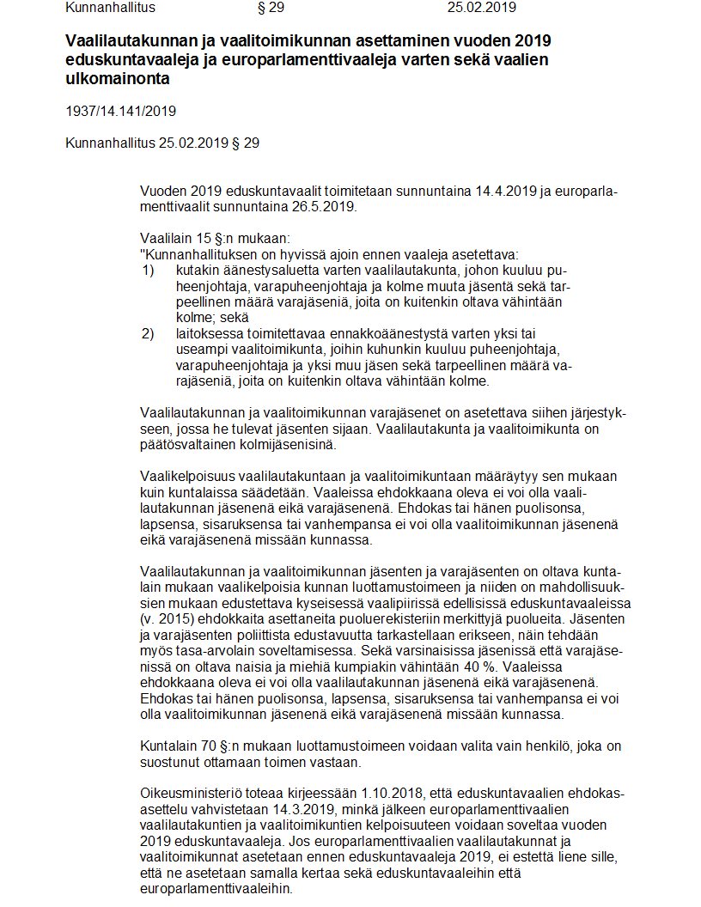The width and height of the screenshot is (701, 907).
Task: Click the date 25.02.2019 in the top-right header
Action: (x=481, y=8)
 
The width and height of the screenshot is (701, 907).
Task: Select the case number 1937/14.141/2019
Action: (x=121, y=111)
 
